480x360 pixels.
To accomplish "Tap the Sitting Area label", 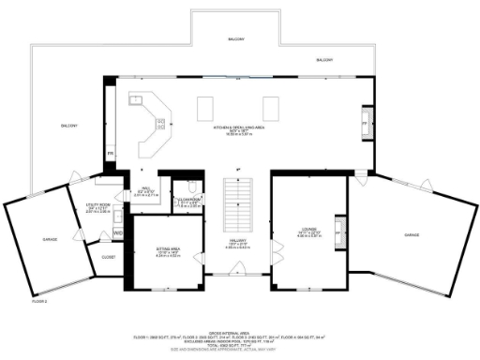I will tap(169, 248).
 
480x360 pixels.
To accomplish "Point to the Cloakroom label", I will tap(190, 199).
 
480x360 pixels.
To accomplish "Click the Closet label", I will tap(108, 256).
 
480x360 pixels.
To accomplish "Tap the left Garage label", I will tap(50, 239).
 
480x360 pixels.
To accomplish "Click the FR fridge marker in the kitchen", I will tap(110, 153).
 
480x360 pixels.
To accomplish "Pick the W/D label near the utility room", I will tap(118, 232).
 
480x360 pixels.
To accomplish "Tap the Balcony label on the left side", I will tap(69, 126).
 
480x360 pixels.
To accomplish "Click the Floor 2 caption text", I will tap(39, 301).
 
